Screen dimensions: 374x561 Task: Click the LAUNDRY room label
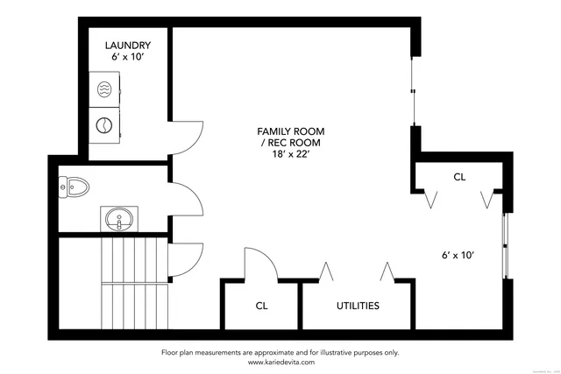(128, 45)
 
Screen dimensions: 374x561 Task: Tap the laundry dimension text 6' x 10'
(128, 57)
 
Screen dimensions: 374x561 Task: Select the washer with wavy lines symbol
(103, 90)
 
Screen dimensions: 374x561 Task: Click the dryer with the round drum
(103, 124)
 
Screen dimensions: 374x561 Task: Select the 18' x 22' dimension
(281, 155)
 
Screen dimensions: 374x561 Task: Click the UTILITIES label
(358, 306)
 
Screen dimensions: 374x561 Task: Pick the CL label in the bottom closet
(261, 306)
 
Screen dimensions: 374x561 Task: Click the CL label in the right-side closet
(459, 177)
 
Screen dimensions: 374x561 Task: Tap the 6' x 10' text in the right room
(458, 256)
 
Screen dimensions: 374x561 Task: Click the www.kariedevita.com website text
(280, 362)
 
